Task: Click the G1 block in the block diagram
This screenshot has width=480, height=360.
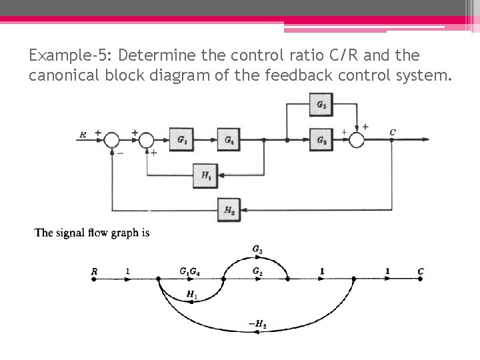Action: click(181, 140)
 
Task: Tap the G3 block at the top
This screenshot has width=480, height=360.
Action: click(321, 105)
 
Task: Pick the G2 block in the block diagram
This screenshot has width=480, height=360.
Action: click(321, 140)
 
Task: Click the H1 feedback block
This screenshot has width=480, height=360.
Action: click(206, 175)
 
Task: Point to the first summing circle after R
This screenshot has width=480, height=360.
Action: click(111, 140)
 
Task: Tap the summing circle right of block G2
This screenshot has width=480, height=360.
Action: click(357, 140)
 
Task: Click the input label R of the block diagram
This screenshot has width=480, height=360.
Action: click(83, 135)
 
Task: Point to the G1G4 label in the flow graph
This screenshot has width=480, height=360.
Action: click(189, 271)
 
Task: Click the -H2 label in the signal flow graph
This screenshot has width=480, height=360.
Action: click(257, 325)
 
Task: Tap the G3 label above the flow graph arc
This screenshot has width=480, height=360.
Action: click(257, 249)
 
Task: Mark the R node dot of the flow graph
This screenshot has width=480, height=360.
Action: click(94, 280)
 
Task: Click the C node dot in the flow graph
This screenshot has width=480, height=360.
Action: click(420, 280)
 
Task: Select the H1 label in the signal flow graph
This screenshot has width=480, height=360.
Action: click(191, 293)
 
